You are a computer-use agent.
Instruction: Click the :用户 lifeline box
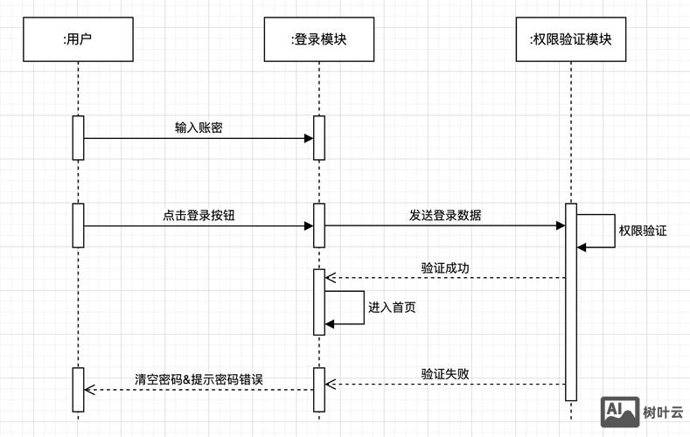[x=78, y=39]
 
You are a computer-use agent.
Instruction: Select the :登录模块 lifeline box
[x=318, y=39]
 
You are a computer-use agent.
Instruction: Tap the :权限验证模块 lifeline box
[x=571, y=39]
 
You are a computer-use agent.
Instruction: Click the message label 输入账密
[x=199, y=128]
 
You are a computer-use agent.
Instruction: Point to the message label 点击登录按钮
[x=198, y=215]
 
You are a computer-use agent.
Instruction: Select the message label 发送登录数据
[x=444, y=215]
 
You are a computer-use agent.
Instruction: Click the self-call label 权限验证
[x=643, y=231]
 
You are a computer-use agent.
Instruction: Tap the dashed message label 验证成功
[x=445, y=267]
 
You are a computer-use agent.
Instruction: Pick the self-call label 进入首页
[x=392, y=307]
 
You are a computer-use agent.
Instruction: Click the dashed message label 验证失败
[x=445, y=373]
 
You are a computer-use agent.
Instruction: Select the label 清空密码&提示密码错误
[x=199, y=379]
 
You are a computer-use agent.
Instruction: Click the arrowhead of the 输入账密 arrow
[x=309, y=138]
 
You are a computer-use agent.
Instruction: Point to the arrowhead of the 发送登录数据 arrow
[x=561, y=225]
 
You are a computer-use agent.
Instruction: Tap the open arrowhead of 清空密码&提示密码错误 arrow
[x=88, y=389]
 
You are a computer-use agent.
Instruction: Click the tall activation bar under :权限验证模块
[x=571, y=302]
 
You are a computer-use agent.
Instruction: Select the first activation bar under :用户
[x=78, y=137]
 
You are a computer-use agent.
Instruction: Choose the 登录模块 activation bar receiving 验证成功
[x=319, y=302]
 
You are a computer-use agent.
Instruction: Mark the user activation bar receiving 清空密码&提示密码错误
[x=78, y=389]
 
